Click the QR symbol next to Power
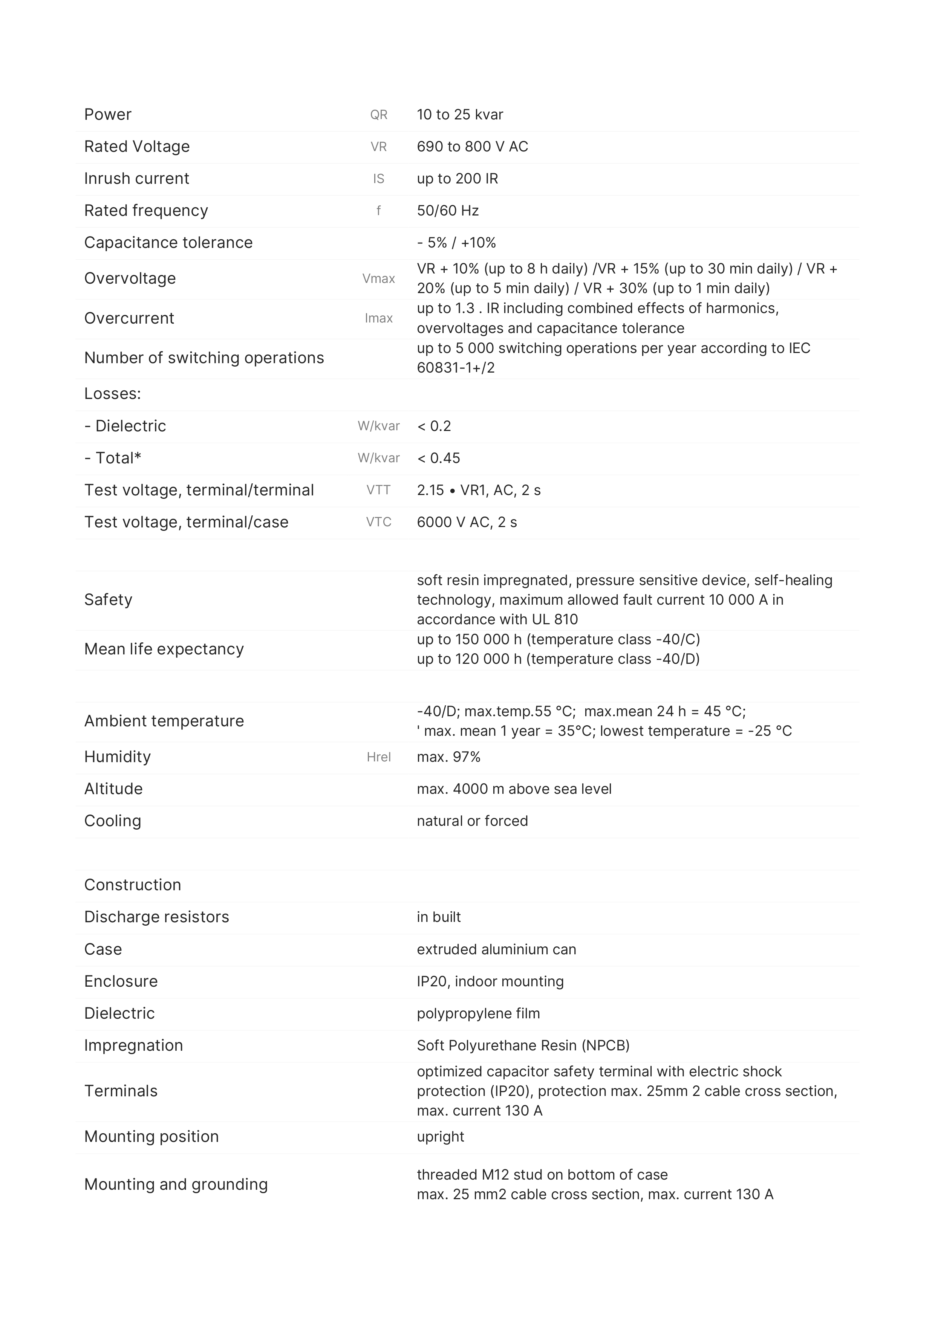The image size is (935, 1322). click(378, 115)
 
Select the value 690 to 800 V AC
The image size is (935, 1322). click(472, 147)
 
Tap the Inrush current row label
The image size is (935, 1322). click(136, 179)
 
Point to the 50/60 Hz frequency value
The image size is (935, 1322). click(448, 211)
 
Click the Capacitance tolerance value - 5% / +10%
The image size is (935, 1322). click(456, 242)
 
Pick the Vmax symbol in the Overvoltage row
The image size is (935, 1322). click(378, 279)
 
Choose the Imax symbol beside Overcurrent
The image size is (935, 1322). click(378, 318)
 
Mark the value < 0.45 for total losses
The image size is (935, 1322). click(438, 458)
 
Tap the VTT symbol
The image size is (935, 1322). click(378, 490)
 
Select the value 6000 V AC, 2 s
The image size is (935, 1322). click(467, 522)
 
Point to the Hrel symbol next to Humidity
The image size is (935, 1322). click(378, 757)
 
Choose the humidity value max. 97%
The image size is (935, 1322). click(448, 757)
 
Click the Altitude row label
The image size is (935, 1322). click(113, 789)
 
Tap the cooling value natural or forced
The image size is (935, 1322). click(472, 821)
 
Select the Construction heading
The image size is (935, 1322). click(133, 885)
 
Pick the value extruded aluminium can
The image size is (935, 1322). click(496, 949)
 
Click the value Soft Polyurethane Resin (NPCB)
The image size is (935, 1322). click(522, 1045)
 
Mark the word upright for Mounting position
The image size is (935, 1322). click(440, 1137)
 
